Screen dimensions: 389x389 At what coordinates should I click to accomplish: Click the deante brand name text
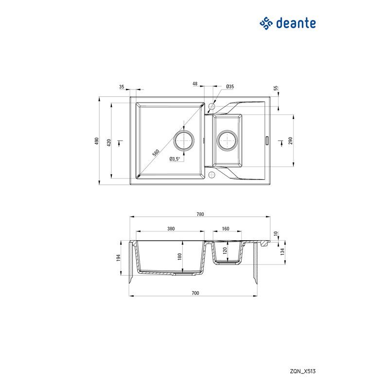(x=296, y=23)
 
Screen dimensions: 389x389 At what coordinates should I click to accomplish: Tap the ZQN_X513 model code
(x=302, y=371)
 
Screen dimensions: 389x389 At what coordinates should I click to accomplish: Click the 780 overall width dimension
(x=200, y=214)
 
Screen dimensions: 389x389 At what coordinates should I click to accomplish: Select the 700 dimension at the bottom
(x=195, y=293)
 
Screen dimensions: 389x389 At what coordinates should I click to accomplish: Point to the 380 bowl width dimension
(x=171, y=229)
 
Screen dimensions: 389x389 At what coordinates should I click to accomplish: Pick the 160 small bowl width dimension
(x=226, y=229)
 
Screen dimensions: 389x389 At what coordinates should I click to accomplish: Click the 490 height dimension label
(x=97, y=141)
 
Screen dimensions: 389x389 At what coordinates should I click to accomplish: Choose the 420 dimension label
(x=108, y=142)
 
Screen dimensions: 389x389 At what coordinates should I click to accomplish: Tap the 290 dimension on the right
(x=290, y=141)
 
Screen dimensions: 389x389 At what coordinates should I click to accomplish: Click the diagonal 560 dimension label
(x=156, y=153)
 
